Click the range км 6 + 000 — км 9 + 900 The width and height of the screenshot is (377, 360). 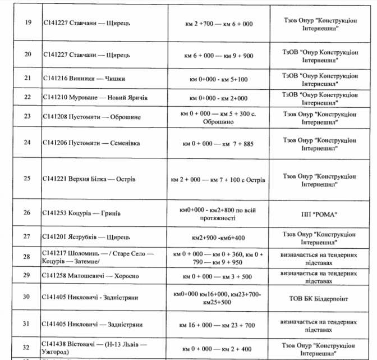[x=219, y=55]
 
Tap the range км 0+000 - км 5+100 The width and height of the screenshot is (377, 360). [x=219, y=79]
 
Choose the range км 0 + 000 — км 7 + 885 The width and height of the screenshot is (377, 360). [x=219, y=144]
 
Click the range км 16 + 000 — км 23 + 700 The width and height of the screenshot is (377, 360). [x=219, y=325]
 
